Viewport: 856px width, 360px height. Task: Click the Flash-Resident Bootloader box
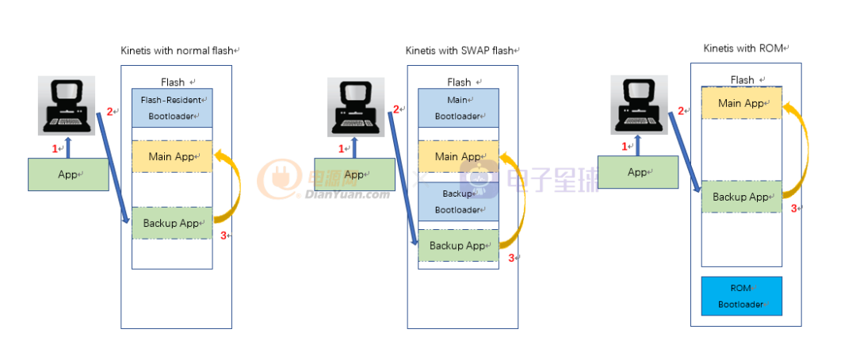[172, 107]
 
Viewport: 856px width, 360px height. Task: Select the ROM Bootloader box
[741, 296]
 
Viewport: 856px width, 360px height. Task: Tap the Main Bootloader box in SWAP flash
[459, 107]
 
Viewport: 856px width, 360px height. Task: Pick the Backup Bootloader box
[459, 201]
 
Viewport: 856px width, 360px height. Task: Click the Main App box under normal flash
[172, 156]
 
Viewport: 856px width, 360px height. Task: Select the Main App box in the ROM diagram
[742, 103]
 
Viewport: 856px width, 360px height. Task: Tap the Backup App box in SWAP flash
[459, 245]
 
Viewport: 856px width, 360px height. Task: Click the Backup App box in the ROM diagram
[742, 197]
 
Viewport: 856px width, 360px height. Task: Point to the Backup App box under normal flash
[172, 223]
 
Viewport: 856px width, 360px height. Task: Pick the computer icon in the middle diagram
[356, 105]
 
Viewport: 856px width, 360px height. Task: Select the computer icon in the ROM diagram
[639, 104]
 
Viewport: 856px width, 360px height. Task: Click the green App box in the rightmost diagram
[637, 172]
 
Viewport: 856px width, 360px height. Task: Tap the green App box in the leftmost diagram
[68, 174]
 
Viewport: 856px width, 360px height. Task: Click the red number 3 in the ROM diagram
[794, 209]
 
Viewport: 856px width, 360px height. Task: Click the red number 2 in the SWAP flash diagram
[396, 109]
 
